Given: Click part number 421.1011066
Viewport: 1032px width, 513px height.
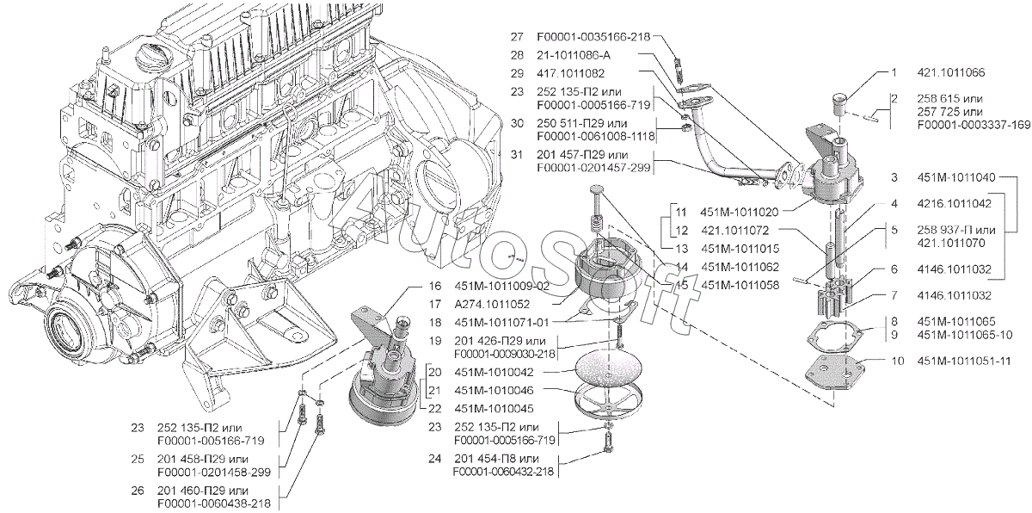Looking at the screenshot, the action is coord(950,73).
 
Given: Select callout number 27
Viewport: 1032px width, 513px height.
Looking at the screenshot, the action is coord(517,37).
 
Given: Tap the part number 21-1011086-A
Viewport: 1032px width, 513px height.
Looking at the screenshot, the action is coord(573,55).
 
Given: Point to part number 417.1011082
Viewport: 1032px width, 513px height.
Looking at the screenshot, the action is coord(570,73).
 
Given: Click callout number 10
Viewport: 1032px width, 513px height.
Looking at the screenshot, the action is coord(898,361).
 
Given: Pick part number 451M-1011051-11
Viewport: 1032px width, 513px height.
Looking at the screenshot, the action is coord(964,361).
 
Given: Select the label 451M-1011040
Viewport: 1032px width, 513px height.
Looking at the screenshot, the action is coord(956,177).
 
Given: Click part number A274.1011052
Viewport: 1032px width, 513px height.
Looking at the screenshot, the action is coord(492,304).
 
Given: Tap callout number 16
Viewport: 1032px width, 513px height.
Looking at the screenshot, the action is coord(435,287).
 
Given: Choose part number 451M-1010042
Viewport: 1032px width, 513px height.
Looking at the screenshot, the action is coord(494,372).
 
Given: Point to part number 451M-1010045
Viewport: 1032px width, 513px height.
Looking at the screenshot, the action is coord(494,409).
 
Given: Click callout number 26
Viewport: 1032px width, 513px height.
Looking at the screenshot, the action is coord(138,491).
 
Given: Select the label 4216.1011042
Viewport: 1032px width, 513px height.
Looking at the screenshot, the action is coord(954,204).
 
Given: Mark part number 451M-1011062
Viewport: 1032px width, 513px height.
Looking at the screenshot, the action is coord(740,267).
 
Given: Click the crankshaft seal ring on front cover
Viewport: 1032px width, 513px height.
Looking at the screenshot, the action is coord(68,330).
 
